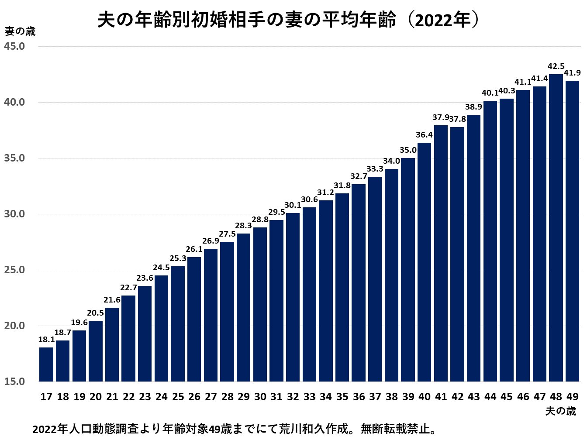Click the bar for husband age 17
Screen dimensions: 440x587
(x=46, y=364)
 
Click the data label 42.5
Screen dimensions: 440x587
(x=556, y=67)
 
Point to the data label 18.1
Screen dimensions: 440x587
(x=46, y=340)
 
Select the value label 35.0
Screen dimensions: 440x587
(x=408, y=150)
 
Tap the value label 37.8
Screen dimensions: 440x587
(x=457, y=119)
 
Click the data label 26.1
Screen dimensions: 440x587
(x=194, y=249)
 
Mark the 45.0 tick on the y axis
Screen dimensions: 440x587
(x=14, y=46)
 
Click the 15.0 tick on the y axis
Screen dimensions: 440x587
(x=14, y=382)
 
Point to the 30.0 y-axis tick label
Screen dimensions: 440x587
(x=14, y=214)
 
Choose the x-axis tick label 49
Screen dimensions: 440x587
(x=572, y=397)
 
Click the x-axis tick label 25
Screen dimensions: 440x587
(x=178, y=397)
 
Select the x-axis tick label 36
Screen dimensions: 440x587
(x=359, y=397)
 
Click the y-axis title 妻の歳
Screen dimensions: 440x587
(x=20, y=31)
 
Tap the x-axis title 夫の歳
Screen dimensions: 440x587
(x=560, y=411)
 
